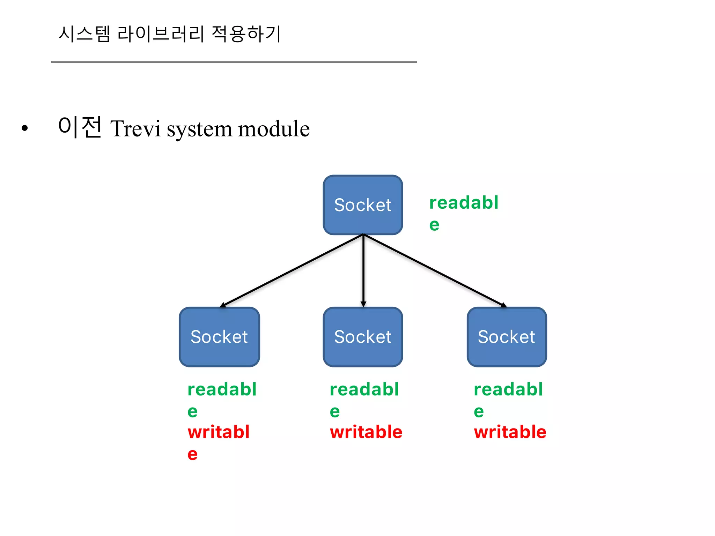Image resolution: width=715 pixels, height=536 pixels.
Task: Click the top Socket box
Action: [363, 205]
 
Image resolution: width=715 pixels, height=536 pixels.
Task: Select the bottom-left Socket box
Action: [219, 337]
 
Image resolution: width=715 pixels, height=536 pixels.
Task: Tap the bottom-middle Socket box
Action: [363, 337]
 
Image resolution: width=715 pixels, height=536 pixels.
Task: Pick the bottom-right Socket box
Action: [507, 337]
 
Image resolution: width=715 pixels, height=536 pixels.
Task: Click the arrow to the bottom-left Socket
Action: [292, 271]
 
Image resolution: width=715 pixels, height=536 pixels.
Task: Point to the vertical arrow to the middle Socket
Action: [363, 271]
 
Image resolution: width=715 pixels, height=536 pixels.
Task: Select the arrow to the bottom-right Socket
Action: [435, 271]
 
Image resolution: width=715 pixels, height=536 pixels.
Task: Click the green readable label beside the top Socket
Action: [464, 213]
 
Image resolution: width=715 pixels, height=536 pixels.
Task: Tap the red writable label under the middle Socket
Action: [366, 432]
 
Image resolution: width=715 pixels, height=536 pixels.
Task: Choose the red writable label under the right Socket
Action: [510, 432]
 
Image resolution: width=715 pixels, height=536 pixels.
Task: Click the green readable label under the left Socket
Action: [222, 399]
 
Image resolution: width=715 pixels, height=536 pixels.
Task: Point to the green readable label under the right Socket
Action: [508, 399]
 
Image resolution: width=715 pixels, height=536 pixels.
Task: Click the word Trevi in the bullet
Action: [135, 128]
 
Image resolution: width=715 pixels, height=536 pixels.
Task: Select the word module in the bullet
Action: [274, 128]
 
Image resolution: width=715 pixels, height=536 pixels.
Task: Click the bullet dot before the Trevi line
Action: [24, 128]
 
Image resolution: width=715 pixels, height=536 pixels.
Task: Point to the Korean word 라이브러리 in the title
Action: [161, 34]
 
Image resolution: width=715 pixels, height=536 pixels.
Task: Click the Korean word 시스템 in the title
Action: [84, 34]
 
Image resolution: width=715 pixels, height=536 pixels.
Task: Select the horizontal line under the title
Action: [234, 62]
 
